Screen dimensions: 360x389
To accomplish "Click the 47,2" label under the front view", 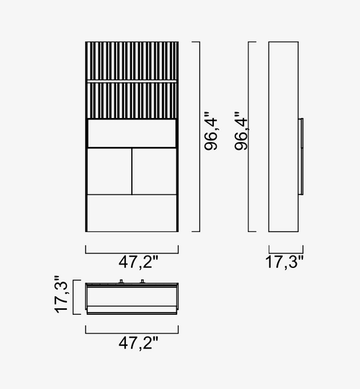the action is [x=138, y=262].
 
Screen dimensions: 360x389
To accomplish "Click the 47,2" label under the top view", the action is [x=138, y=343].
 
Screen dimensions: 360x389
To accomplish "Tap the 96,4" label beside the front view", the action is [x=211, y=131].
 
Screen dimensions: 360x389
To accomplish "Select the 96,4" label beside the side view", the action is [x=240, y=131].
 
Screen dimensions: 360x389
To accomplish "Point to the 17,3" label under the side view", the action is [x=284, y=262].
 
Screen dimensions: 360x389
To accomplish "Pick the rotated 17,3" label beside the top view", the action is [x=61, y=294].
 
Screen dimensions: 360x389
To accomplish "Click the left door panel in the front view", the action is [x=109, y=171].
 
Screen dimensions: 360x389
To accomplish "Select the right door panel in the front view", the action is [x=154, y=171].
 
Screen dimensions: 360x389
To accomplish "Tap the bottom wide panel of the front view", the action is [x=132, y=213].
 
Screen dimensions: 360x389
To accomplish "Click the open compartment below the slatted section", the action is [x=132, y=133].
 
